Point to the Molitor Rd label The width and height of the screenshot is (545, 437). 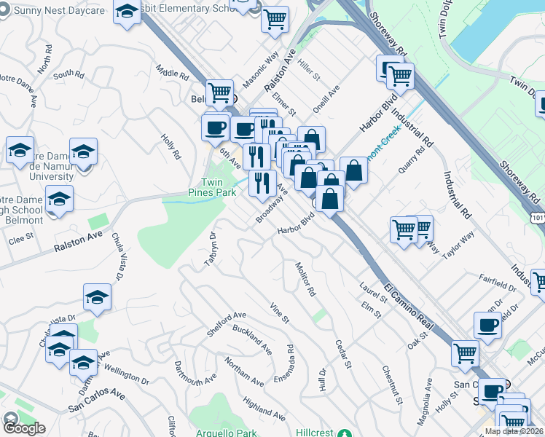(x=305, y=280)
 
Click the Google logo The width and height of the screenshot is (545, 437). (x=24, y=428)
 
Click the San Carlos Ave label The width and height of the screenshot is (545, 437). (x=96, y=401)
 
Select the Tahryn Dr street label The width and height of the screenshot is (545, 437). (x=211, y=249)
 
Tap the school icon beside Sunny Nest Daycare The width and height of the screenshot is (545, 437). (x=128, y=12)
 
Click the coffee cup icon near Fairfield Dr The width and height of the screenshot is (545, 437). (x=487, y=325)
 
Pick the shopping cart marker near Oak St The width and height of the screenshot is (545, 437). (x=464, y=353)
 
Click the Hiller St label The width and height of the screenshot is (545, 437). (x=309, y=69)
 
